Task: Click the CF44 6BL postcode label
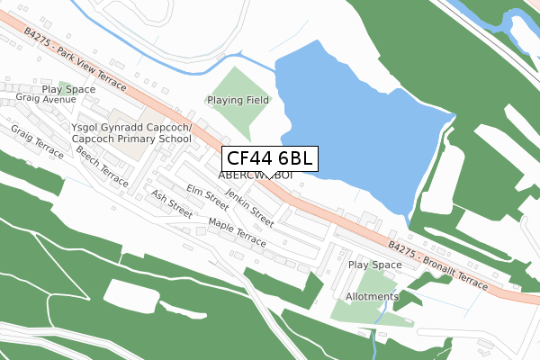[x=268, y=158]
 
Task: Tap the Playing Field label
[x=238, y=100]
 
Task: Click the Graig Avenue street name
[x=46, y=100]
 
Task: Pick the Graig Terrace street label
[x=37, y=141]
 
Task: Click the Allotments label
[x=372, y=296]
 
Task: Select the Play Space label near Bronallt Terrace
[x=374, y=265]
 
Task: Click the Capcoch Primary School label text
[x=131, y=139]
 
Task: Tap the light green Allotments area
[x=355, y=310]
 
